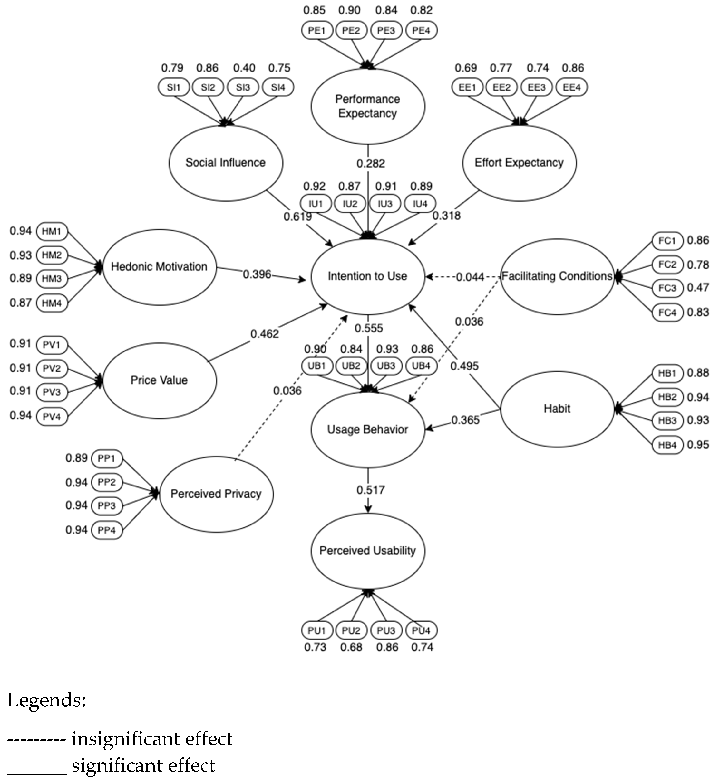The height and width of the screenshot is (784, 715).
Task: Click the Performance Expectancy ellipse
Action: click(368, 106)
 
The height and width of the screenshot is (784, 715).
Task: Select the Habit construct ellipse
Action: click(557, 409)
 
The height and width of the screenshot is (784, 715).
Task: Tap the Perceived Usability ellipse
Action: click(368, 551)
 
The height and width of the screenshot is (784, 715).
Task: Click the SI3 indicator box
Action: click(243, 87)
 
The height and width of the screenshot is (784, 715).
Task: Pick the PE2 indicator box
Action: click(351, 30)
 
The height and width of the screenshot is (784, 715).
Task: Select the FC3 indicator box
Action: click(667, 288)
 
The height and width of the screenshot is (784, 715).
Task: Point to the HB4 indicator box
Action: click(667, 445)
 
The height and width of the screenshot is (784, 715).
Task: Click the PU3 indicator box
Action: click(386, 630)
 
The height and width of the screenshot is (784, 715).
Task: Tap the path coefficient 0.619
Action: click(298, 216)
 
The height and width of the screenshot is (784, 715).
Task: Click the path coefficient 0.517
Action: click(370, 490)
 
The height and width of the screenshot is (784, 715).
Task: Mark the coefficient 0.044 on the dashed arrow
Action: click(470, 277)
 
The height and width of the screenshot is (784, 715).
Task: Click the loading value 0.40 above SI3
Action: click(244, 68)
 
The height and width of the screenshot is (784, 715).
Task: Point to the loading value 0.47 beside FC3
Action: click(697, 288)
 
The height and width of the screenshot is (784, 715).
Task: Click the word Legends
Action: click(46, 700)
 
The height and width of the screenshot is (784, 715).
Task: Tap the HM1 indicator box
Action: click(52, 231)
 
